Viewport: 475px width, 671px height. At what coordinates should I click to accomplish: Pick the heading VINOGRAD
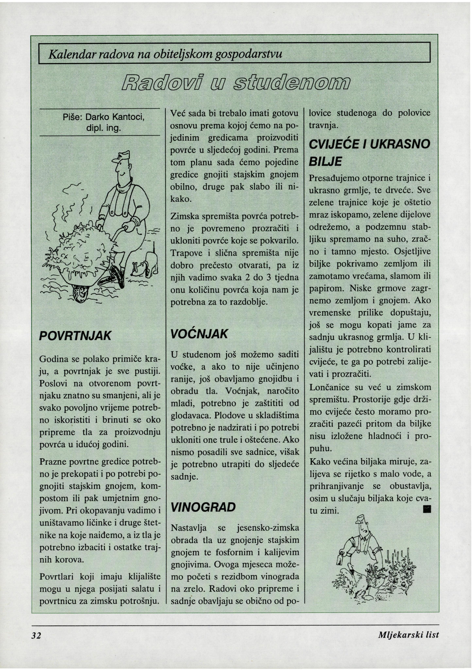pos(203,507)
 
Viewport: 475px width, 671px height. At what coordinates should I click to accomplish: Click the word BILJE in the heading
pos(325,162)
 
